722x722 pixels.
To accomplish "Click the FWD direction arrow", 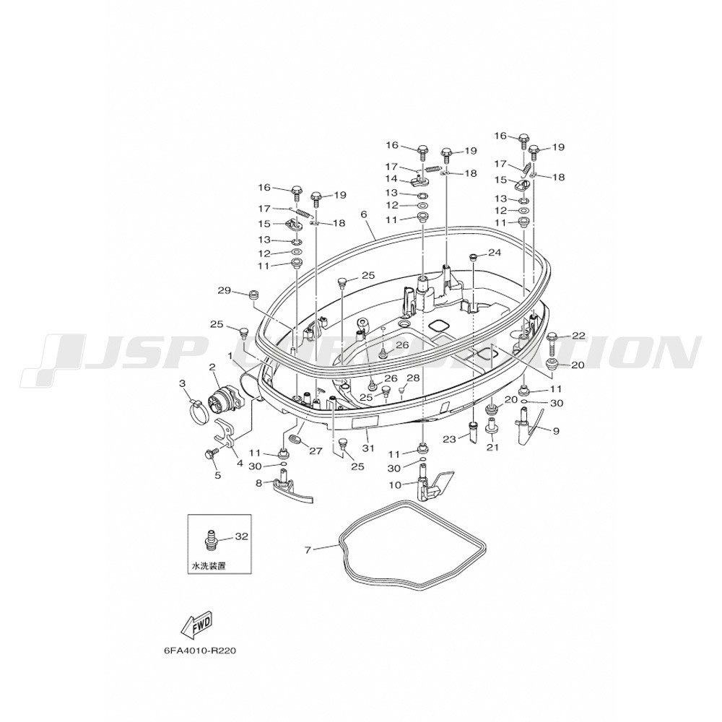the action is coord(197,628).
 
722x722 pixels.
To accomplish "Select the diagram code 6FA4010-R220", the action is coord(200,651).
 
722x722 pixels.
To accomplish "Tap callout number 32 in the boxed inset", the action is coord(241,536).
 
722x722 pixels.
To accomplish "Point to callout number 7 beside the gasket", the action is coord(308,549).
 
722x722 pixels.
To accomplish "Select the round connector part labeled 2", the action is coord(223,396).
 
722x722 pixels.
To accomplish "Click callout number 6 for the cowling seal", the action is coord(364,215).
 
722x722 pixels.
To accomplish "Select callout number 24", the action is coord(495,252).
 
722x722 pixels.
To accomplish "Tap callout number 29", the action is coord(225,290).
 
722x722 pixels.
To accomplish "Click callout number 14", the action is coord(392,178).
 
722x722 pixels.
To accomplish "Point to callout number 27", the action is coord(316,451).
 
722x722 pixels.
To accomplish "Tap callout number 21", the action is coord(492,447).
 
